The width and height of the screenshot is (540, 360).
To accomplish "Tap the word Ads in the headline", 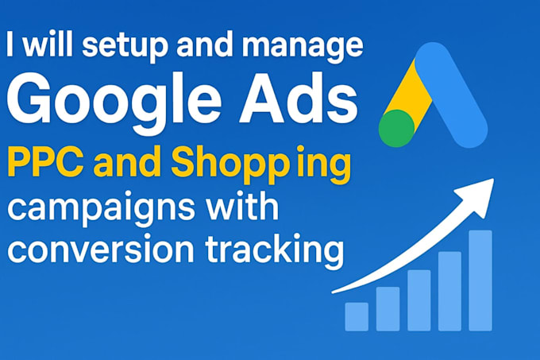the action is (299, 99).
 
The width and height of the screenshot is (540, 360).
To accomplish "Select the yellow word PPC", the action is (45, 163).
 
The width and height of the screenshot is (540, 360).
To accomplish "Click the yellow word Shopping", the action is (261, 166).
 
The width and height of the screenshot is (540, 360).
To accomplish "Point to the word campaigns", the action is (101, 210).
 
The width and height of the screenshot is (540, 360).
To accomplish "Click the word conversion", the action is (101, 249).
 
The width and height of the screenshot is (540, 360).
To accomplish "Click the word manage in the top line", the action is (303, 48).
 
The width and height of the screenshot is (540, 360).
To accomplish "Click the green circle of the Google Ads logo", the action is (396, 129).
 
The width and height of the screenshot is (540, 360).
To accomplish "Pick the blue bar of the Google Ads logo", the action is (451, 95).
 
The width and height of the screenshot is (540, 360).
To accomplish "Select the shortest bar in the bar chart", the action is (357, 316).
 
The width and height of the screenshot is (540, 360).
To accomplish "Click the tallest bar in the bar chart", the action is (480, 281).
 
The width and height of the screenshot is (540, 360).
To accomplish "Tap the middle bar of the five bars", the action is (419, 300).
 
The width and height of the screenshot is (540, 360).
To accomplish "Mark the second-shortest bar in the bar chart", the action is (388, 309).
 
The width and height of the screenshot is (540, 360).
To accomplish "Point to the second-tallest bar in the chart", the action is (449, 291).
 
